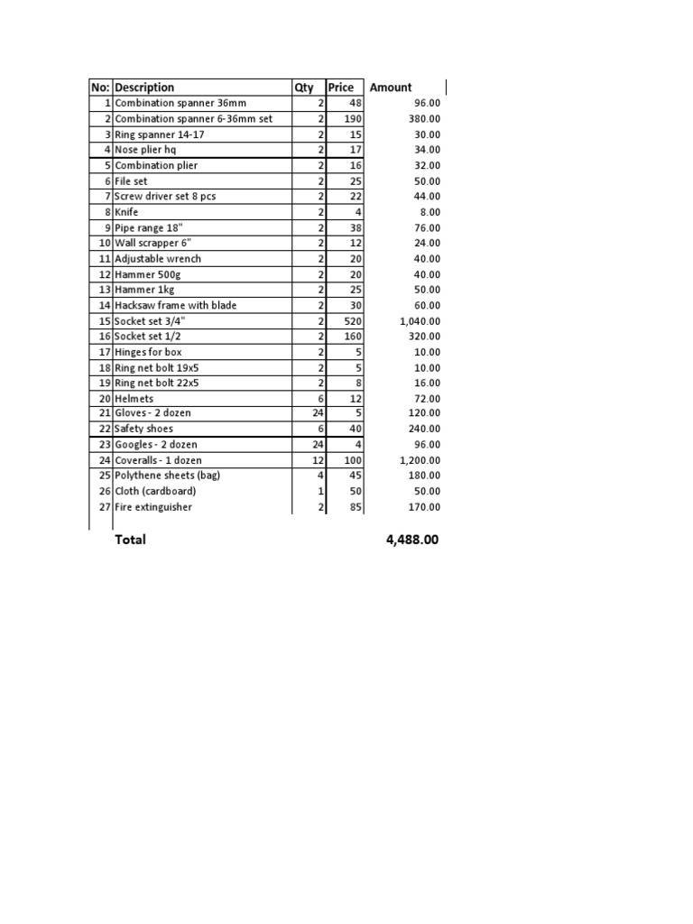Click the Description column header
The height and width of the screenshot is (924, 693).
[144, 88]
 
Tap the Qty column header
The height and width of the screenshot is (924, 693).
[304, 88]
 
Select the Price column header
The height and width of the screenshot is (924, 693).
[341, 88]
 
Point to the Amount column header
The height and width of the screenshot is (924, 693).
[391, 88]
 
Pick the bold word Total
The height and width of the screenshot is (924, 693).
[129, 540]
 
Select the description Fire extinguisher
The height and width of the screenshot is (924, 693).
[153, 507]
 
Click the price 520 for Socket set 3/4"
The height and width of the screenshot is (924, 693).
[351, 321]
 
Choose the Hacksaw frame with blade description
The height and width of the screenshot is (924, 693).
[175, 305]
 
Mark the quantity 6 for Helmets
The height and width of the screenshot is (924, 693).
[320, 399]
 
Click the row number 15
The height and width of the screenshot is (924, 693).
[104, 321]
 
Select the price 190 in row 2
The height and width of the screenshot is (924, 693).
[352, 119]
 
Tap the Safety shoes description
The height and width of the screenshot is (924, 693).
[143, 429]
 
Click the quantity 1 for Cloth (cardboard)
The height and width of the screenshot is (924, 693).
[320, 491]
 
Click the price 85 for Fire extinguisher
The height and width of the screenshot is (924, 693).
[356, 507]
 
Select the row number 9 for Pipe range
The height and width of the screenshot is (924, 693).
[106, 227]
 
